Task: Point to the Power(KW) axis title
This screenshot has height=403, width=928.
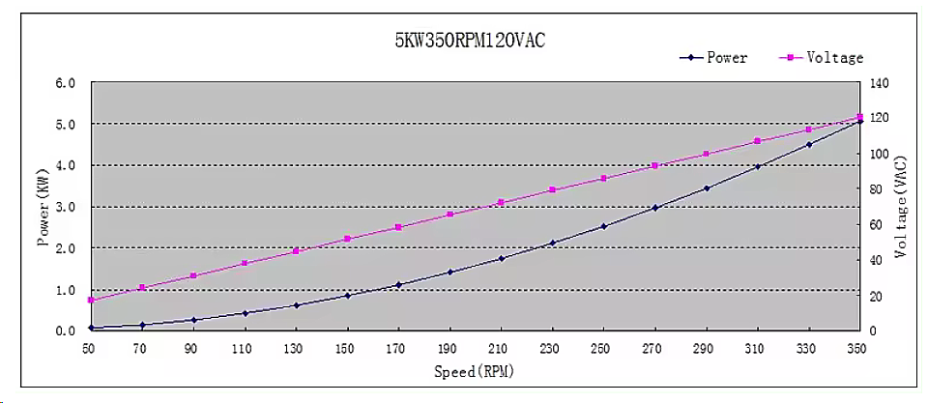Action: [x=43, y=207]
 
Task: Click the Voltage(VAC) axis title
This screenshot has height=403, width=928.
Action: [x=901, y=207]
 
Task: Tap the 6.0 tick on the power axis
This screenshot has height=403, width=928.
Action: [x=66, y=83]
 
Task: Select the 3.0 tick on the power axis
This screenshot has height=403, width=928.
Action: [x=66, y=207]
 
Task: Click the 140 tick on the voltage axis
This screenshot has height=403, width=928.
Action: [x=881, y=83]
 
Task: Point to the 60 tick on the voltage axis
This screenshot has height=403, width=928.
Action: [x=878, y=224]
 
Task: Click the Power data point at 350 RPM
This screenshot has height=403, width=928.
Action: [x=859, y=121]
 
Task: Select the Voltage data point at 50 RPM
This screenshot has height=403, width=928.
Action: [x=91, y=300]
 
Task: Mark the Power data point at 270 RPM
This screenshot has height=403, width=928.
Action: [x=654, y=208]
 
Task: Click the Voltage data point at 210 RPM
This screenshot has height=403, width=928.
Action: [x=501, y=202]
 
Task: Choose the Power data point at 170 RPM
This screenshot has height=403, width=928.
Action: [x=398, y=284]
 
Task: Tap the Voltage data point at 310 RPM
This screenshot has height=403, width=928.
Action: [x=757, y=141]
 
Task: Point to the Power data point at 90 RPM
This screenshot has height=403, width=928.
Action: [x=193, y=320]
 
